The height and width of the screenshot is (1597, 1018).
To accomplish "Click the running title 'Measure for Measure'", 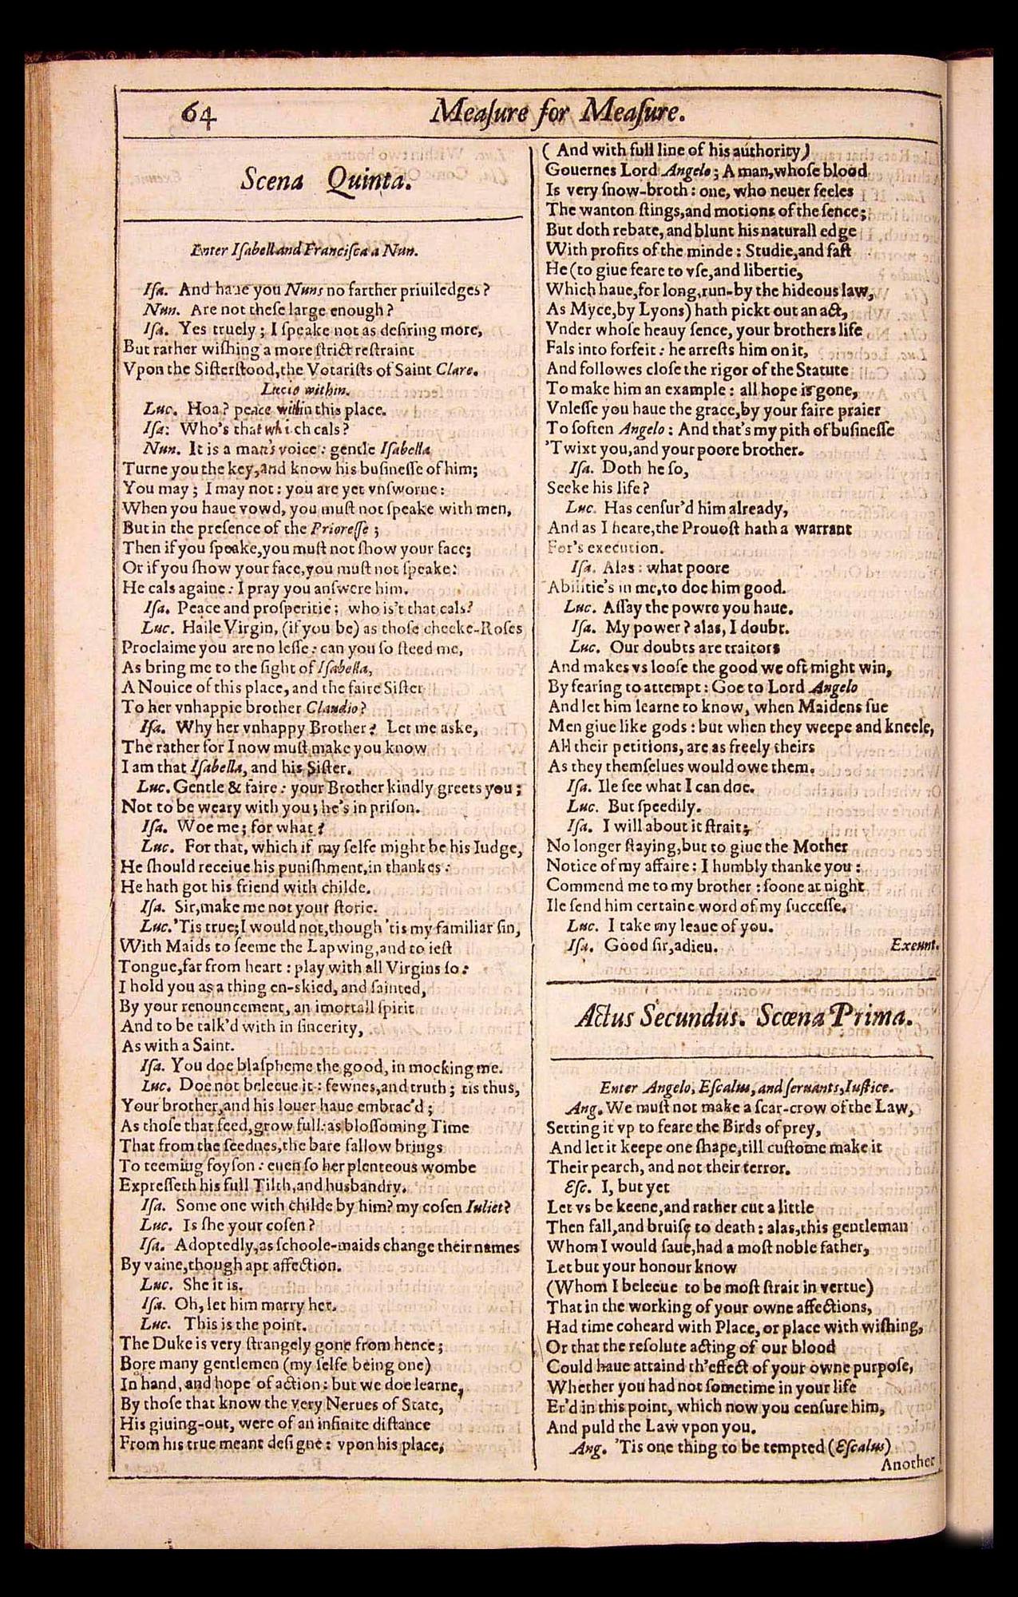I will pos(557,113).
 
